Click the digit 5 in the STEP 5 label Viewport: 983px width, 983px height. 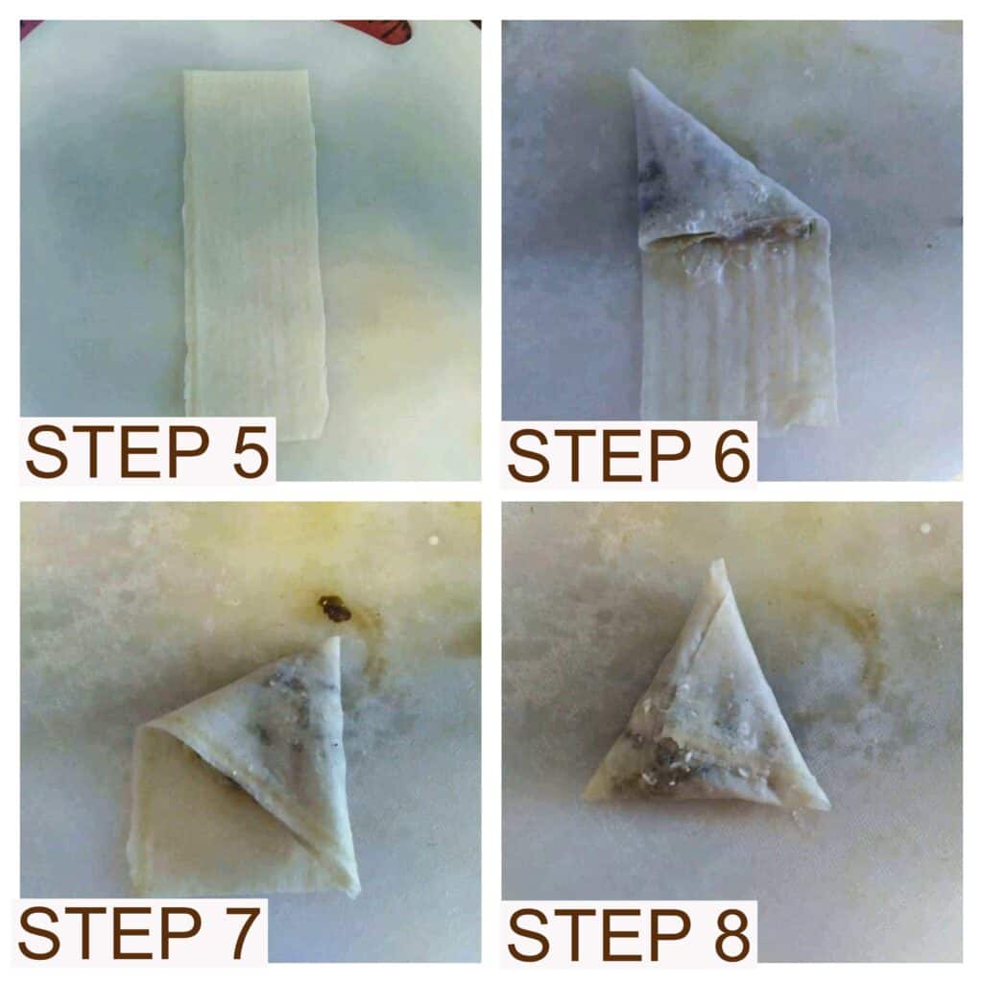251,451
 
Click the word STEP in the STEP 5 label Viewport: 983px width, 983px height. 118,451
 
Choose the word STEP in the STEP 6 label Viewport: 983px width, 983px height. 599,456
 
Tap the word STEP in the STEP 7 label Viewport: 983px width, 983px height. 110,933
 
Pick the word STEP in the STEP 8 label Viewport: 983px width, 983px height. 599,935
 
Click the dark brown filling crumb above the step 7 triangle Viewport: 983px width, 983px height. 334,609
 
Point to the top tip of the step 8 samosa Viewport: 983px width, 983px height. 720,561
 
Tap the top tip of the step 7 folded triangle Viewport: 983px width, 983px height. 336,640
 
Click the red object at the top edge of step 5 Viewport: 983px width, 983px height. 376,28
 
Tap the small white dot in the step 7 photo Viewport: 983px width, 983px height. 432,539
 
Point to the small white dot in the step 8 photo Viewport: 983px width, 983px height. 924,529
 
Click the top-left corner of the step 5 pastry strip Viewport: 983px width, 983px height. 185,72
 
